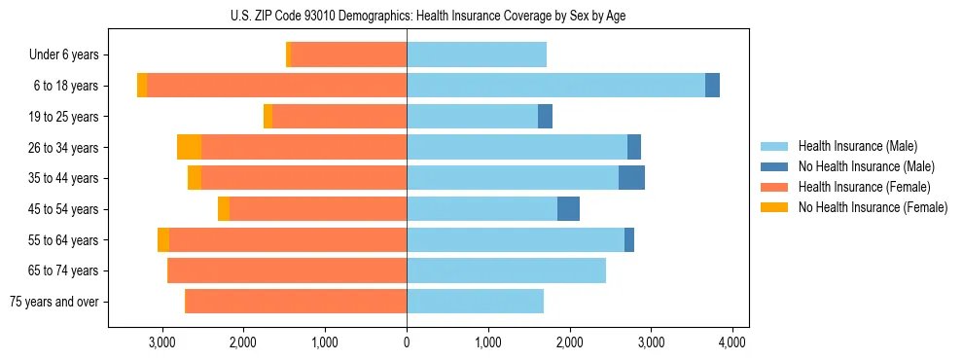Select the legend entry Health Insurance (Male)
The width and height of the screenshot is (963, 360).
pyautogui.click(x=857, y=146)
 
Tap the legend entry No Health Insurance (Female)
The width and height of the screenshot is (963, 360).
pyautogui.click(x=873, y=207)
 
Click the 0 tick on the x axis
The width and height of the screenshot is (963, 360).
pyautogui.click(x=407, y=342)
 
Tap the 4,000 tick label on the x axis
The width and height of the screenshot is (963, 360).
pyautogui.click(x=732, y=342)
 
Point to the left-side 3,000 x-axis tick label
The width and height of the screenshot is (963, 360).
pyautogui.click(x=161, y=342)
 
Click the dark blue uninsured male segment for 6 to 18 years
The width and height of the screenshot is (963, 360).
pyautogui.click(x=712, y=86)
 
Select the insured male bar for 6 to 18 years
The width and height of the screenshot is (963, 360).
pyautogui.click(x=555, y=86)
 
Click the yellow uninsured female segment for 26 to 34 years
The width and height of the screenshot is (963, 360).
pyautogui.click(x=189, y=147)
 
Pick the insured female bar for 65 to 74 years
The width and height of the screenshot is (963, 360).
pyautogui.click(x=287, y=270)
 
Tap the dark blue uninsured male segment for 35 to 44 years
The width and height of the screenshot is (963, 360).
pyautogui.click(x=631, y=178)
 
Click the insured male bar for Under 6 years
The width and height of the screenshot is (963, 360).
pyautogui.click(x=477, y=55)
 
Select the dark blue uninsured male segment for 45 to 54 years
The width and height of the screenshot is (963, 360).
pyautogui.click(x=568, y=209)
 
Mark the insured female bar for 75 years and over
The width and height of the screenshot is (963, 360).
pyautogui.click(x=296, y=302)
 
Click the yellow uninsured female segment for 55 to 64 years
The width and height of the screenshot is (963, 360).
pyautogui.click(x=163, y=239)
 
